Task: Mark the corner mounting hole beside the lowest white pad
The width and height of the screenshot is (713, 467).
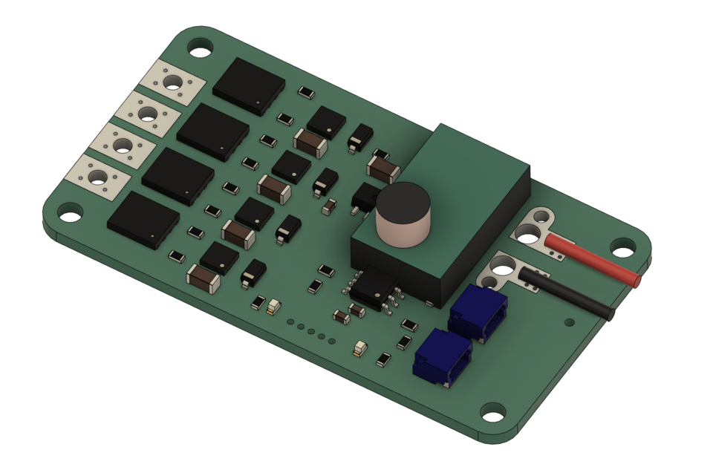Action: [x=71, y=216]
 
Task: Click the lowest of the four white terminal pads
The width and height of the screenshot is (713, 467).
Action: [x=97, y=177]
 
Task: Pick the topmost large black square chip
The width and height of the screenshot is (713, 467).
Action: [x=249, y=86]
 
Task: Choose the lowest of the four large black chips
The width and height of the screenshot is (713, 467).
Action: [x=143, y=221]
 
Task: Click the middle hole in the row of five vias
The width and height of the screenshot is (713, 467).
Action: [x=311, y=330]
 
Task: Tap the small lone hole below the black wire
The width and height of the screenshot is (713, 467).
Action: [x=570, y=323]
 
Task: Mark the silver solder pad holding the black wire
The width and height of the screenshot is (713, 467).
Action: [x=505, y=271]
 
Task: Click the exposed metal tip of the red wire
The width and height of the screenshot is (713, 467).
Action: [x=637, y=279]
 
